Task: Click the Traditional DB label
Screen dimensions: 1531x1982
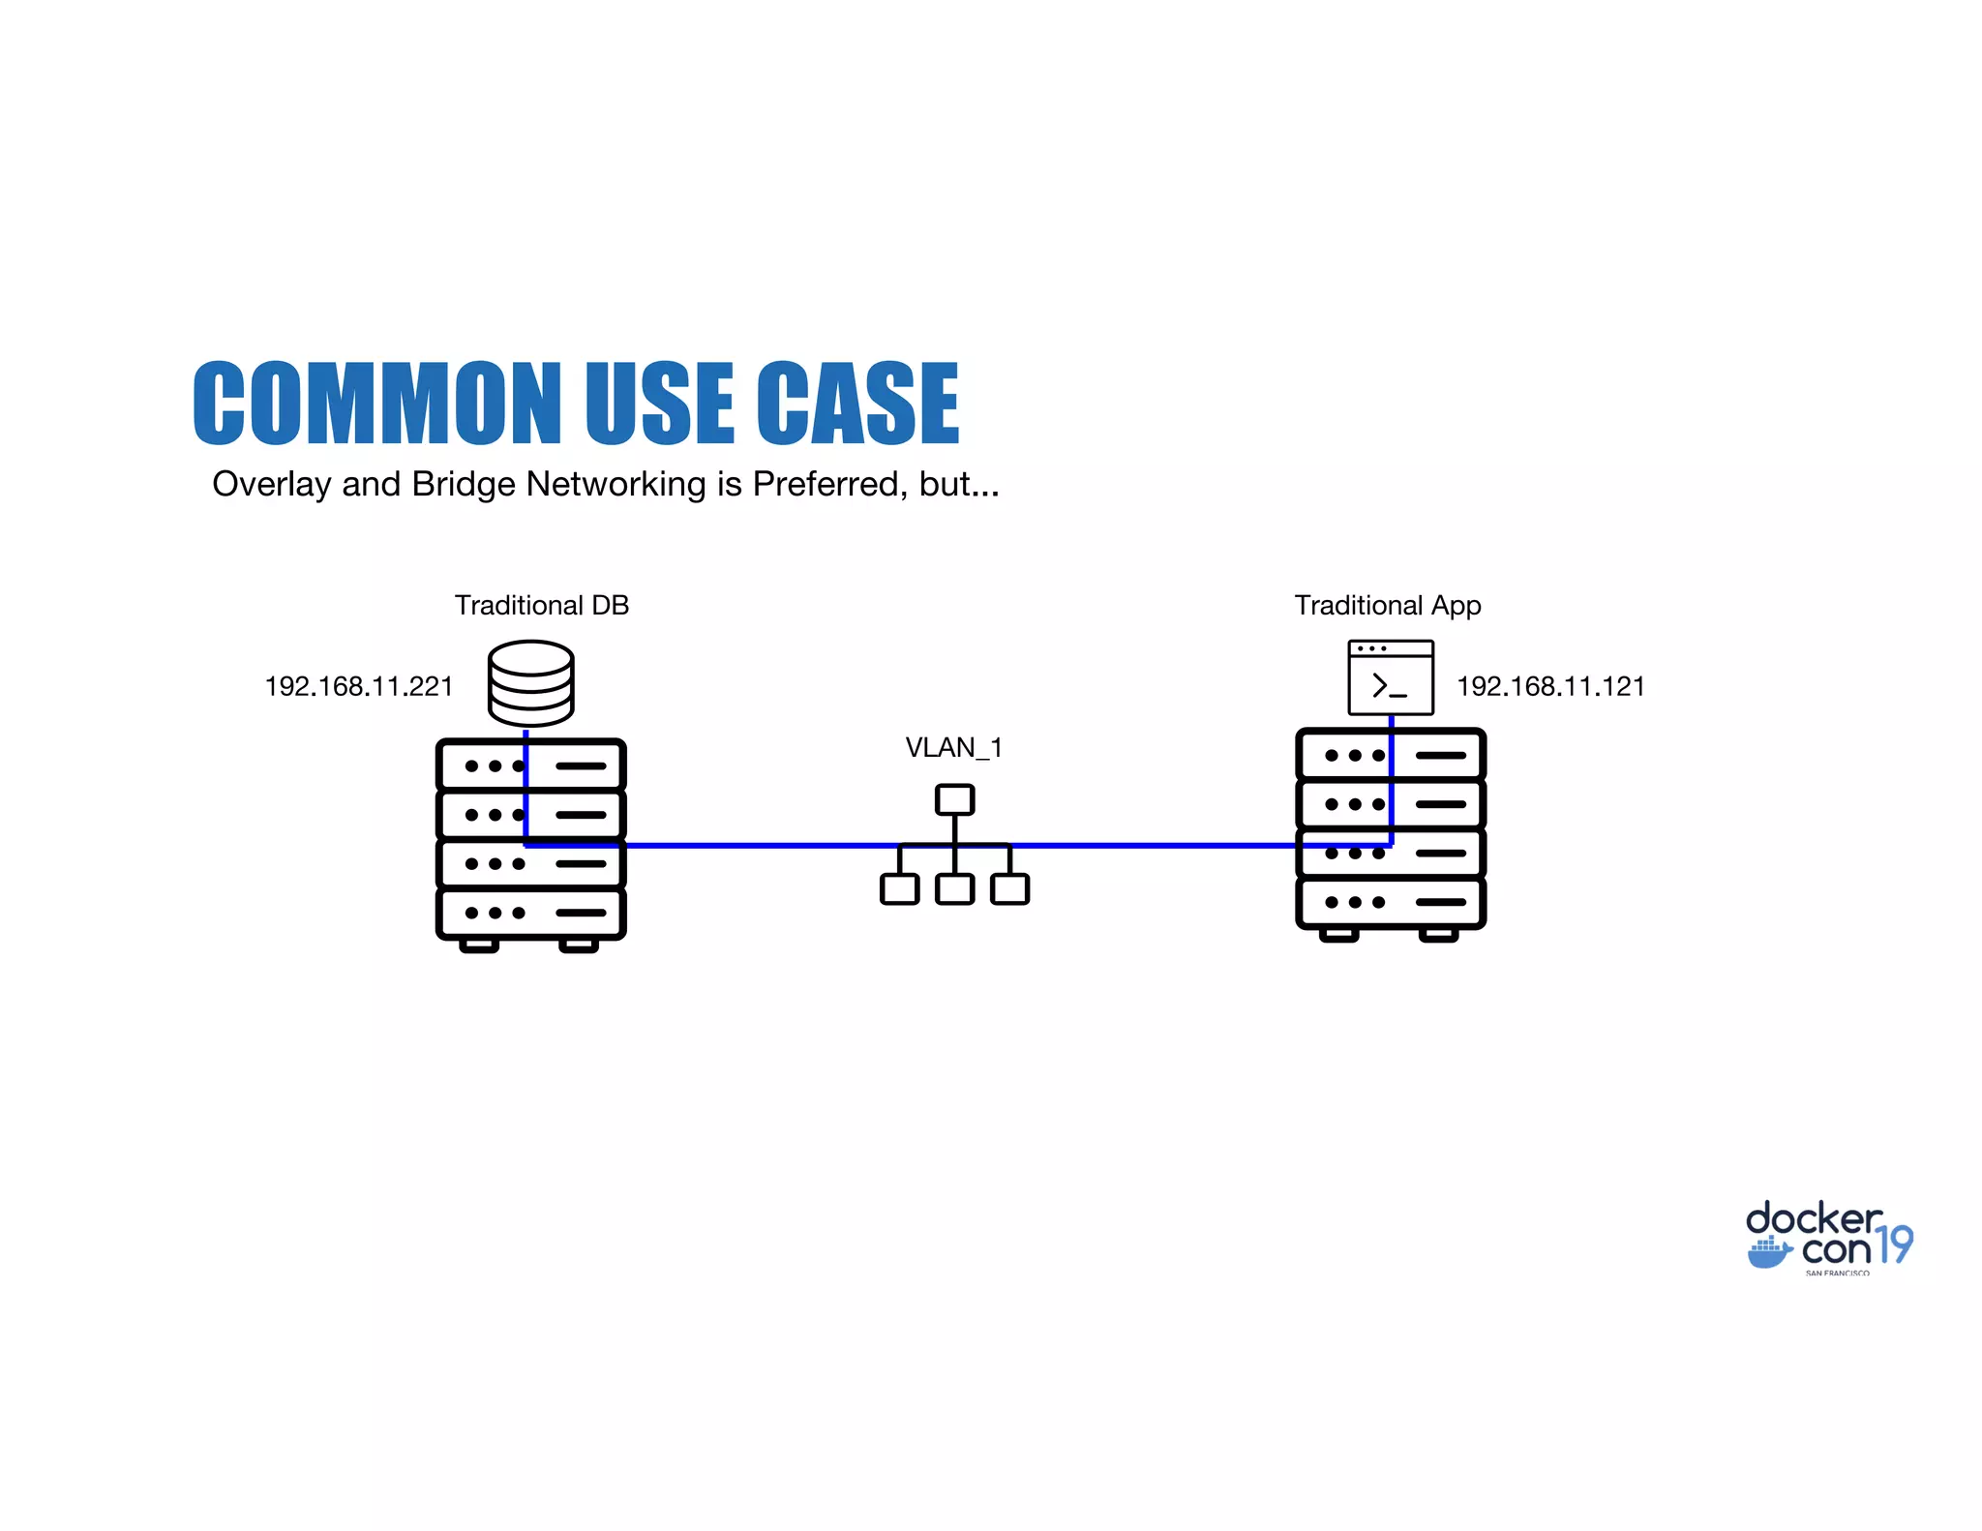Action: click(x=542, y=606)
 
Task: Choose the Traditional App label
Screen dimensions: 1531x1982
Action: click(x=1387, y=606)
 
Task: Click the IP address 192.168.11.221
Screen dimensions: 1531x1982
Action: click(x=359, y=687)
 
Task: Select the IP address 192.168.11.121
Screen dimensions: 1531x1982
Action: click(x=1550, y=687)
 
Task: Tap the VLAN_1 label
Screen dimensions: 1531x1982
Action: click(x=953, y=748)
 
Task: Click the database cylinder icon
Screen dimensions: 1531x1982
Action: click(x=530, y=682)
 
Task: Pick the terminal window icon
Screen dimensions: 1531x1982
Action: click(x=1391, y=677)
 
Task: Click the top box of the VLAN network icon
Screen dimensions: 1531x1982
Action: click(x=954, y=799)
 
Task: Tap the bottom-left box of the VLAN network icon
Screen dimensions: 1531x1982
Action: click(x=899, y=888)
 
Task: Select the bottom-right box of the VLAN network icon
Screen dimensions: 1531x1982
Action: click(x=1009, y=888)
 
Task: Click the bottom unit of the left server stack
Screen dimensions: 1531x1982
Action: click(x=530, y=913)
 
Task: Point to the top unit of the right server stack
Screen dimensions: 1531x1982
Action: click(x=1391, y=755)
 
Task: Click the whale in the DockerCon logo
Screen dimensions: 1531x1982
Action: click(x=1769, y=1252)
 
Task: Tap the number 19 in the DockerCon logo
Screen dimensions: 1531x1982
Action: click(x=1895, y=1245)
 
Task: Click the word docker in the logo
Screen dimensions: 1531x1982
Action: click(x=1813, y=1218)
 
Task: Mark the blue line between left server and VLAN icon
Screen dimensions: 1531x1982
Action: click(x=755, y=846)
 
